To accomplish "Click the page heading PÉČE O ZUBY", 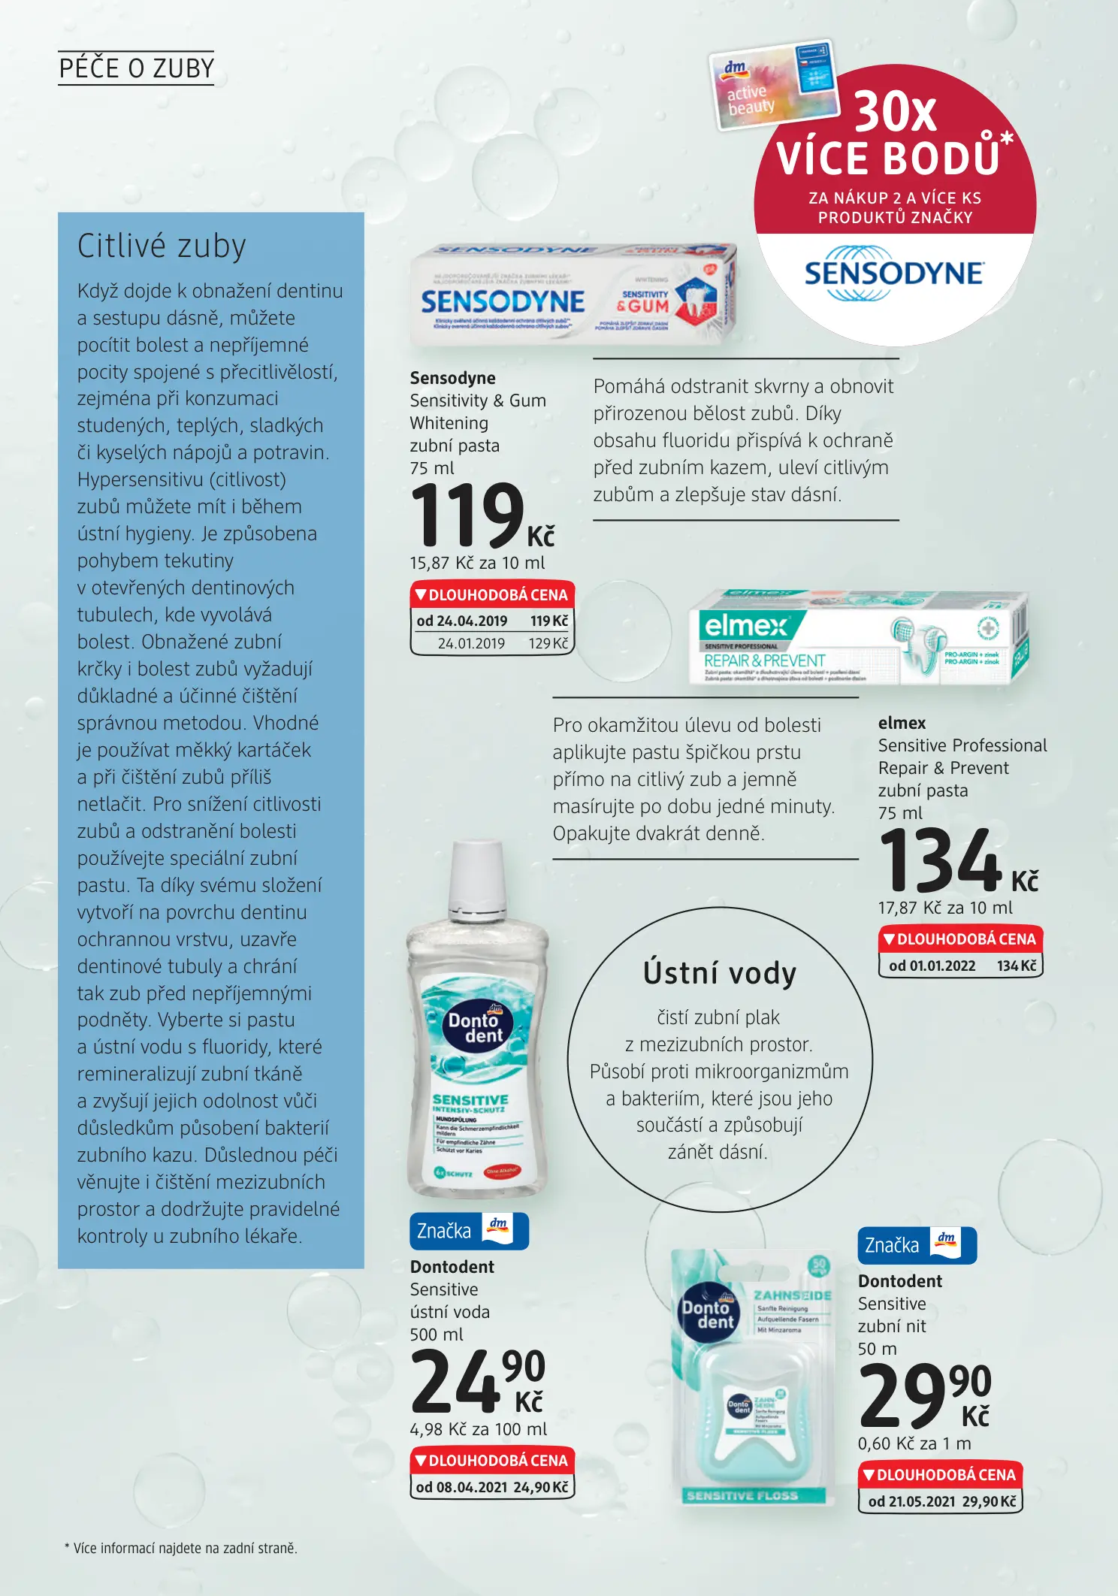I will [136, 68].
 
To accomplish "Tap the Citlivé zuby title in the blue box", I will [162, 246].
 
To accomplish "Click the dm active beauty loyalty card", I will [773, 84].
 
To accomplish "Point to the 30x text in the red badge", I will [895, 112].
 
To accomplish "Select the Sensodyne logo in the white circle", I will [893, 274].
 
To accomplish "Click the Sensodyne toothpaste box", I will [573, 295].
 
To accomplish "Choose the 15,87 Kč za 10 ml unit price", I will [477, 564].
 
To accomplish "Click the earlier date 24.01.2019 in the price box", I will [471, 643].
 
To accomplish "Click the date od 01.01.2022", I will [932, 966].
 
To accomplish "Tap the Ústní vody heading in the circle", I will [719, 973].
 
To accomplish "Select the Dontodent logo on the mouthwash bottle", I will [475, 1027].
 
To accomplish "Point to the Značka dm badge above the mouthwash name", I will [469, 1231].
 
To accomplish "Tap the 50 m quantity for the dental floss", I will [877, 1349].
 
